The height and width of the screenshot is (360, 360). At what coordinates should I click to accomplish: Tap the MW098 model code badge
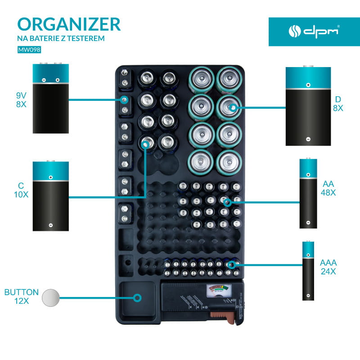click(29, 50)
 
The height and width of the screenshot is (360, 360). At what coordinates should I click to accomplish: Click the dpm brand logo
click(314, 31)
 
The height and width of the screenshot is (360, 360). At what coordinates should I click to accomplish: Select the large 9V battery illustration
click(51, 98)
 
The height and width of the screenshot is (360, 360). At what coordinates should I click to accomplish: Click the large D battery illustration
click(308, 106)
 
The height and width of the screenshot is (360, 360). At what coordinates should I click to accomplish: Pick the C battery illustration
click(51, 196)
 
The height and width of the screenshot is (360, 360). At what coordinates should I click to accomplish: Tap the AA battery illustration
click(308, 193)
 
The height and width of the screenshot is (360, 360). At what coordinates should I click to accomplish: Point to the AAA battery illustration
click(308, 270)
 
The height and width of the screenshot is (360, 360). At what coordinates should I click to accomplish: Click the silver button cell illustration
click(50, 297)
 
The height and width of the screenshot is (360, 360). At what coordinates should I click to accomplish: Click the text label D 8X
click(338, 104)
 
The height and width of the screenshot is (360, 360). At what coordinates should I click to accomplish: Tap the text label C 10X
click(21, 189)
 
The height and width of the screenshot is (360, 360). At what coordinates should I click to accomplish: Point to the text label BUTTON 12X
click(22, 297)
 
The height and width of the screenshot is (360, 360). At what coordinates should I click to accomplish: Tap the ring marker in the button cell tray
click(137, 297)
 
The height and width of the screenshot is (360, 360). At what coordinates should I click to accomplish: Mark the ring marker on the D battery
click(232, 108)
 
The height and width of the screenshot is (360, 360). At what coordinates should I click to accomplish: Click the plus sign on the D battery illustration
click(308, 85)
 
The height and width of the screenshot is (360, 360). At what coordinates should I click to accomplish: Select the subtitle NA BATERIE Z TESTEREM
click(61, 39)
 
